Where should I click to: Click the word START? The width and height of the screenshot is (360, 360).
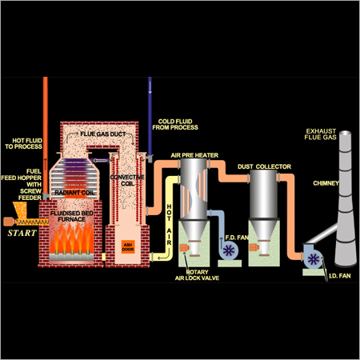(x=20, y=234)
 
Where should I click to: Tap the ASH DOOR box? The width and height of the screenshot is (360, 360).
(x=127, y=247)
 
